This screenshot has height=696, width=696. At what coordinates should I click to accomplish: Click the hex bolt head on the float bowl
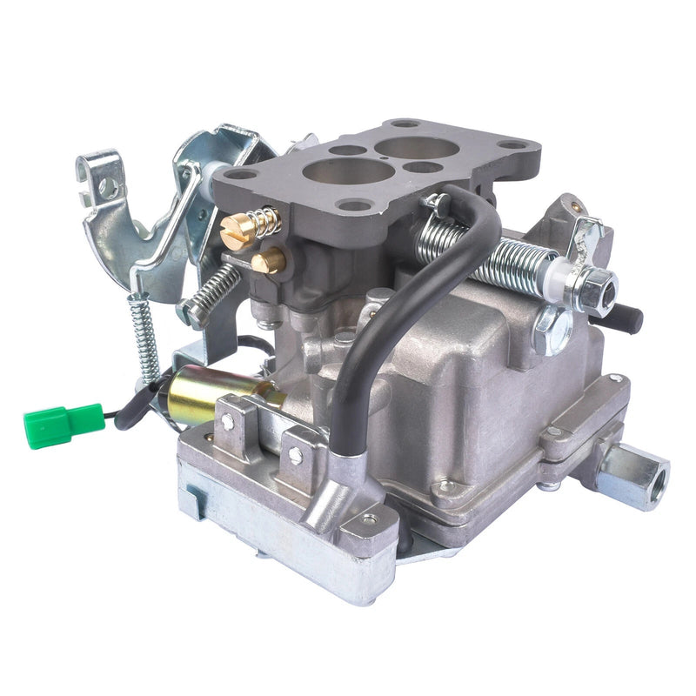[x=552, y=330]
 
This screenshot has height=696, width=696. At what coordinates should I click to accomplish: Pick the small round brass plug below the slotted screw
[x=270, y=258]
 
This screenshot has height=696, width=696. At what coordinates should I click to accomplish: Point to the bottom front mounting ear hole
[x=369, y=519]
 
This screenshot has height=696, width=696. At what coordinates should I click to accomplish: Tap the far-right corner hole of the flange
[x=514, y=144]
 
